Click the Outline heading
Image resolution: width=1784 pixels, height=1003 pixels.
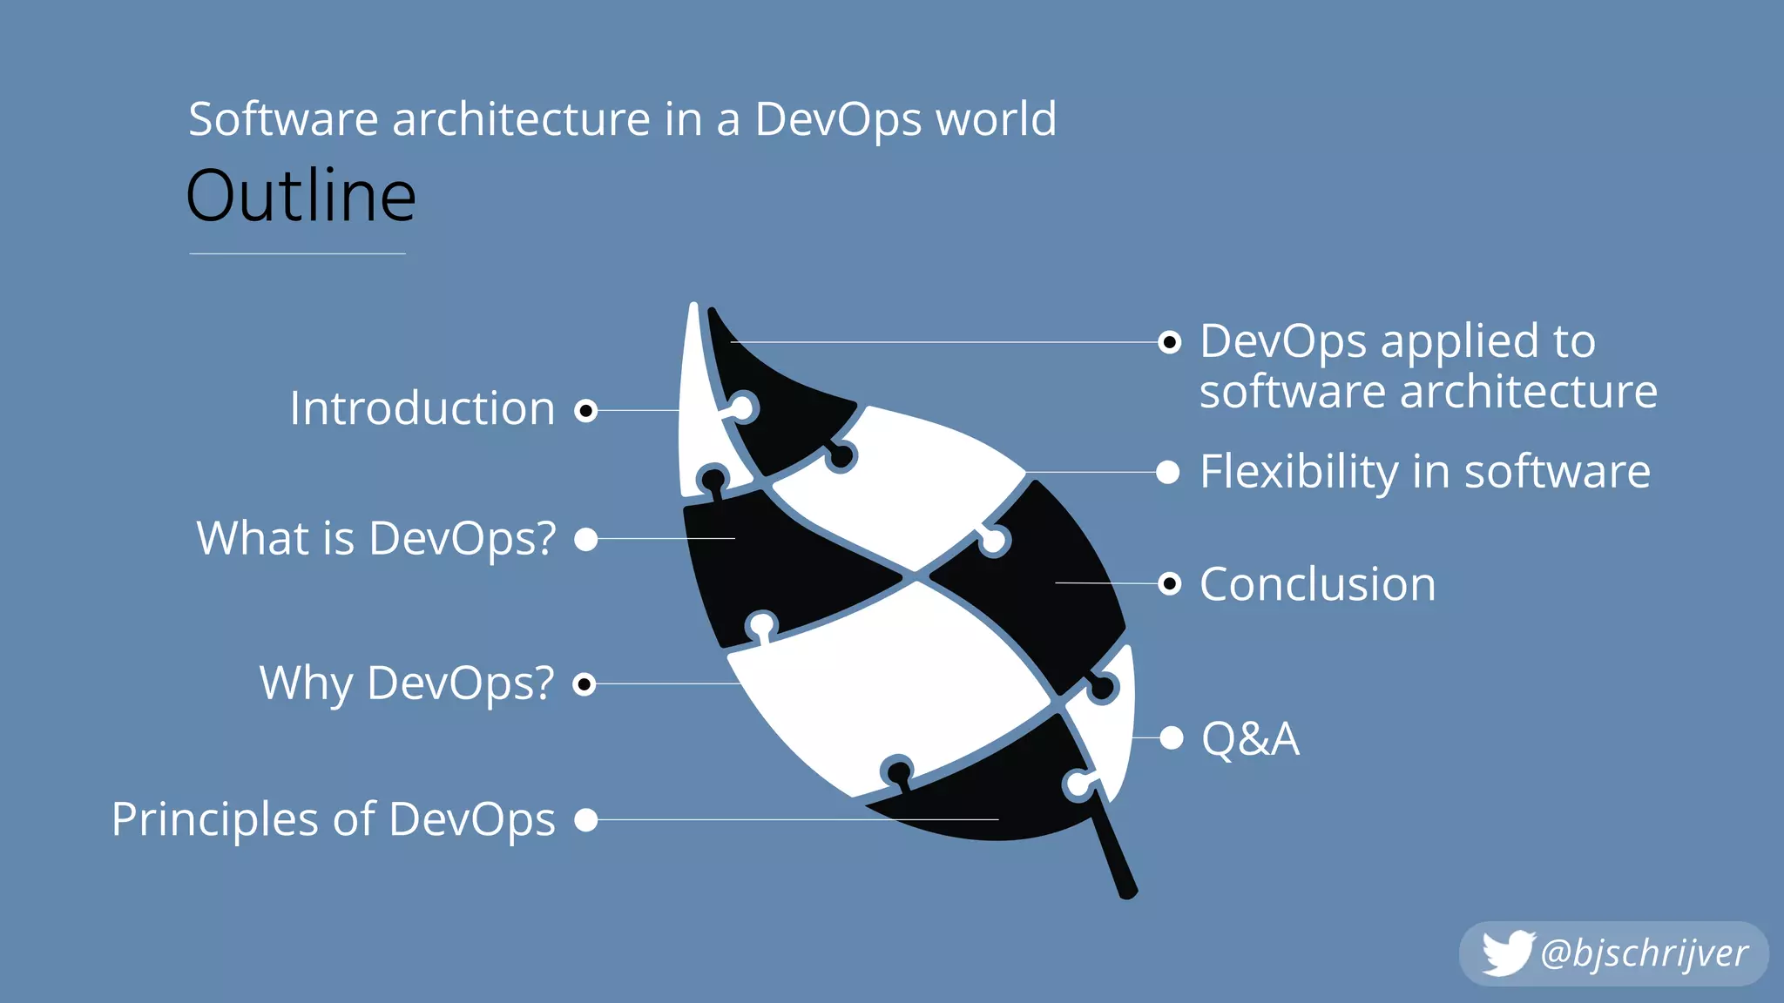click(x=301, y=197)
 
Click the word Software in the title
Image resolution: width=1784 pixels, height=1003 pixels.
click(x=283, y=119)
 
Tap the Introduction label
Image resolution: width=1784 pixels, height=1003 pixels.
click(x=422, y=408)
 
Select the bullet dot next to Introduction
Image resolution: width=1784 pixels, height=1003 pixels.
click(x=586, y=410)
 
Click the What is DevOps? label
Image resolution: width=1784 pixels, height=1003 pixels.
click(x=376, y=538)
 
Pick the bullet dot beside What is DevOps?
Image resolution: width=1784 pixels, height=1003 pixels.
click(x=586, y=540)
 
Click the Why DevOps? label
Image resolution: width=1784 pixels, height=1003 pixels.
click(x=407, y=683)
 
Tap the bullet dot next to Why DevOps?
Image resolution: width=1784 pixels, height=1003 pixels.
click(x=585, y=684)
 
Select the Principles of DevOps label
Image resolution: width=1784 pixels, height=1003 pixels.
click(x=334, y=819)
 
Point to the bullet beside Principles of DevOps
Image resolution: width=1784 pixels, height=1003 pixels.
click(x=586, y=820)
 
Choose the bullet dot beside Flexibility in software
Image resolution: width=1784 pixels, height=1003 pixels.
click(x=1168, y=473)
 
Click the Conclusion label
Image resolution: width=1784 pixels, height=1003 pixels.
click(x=1317, y=584)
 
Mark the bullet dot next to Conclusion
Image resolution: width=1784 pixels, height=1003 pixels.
click(x=1170, y=583)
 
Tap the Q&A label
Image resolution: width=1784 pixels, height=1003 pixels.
click(x=1250, y=739)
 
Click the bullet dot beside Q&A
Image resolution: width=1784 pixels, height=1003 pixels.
click(x=1172, y=738)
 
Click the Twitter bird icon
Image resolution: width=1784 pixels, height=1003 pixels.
click(x=1506, y=953)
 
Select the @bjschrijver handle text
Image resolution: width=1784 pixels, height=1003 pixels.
click(x=1644, y=954)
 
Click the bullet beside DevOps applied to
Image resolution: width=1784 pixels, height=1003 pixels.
click(x=1170, y=342)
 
